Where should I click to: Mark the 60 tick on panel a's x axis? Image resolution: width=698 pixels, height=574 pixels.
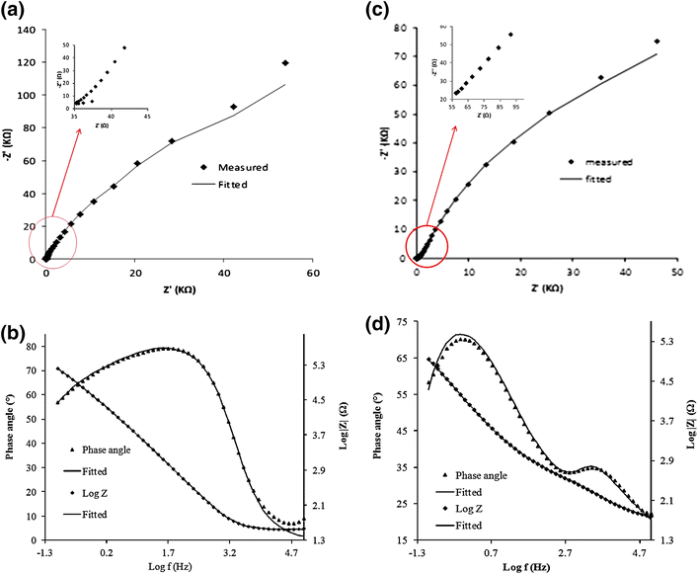pyautogui.click(x=312, y=273)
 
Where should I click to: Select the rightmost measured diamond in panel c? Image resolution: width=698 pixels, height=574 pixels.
pyautogui.click(x=657, y=41)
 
